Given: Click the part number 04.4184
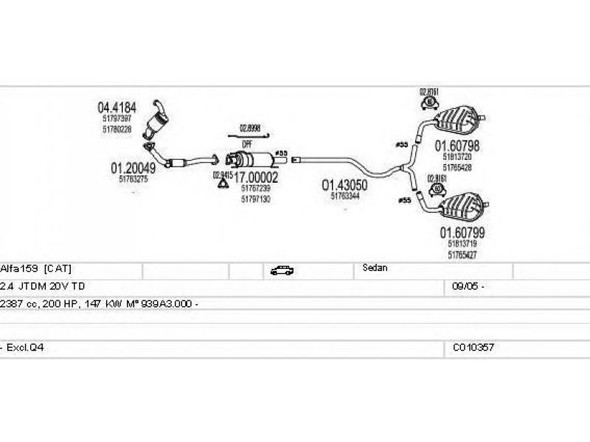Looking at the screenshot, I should (x=117, y=106).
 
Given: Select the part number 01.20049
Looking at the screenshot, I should (x=133, y=169).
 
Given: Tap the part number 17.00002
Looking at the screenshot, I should (x=256, y=178).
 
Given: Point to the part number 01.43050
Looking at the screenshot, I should (x=344, y=185).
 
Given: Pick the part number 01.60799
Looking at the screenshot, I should (x=462, y=234).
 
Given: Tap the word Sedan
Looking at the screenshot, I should (x=375, y=269).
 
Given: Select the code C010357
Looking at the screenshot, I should (x=473, y=345).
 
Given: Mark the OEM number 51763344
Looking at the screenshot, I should (x=344, y=196).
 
